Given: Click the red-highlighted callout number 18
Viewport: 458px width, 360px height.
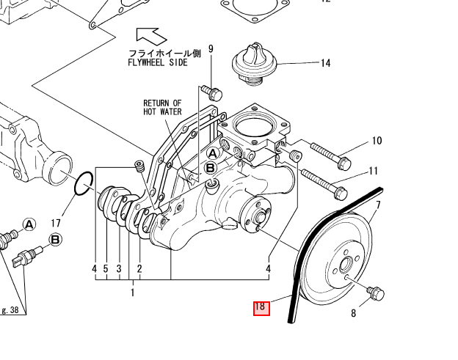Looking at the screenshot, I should [261, 308].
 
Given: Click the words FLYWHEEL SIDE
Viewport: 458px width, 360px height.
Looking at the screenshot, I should [158, 63].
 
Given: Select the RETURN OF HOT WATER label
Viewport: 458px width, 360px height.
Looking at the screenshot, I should [162, 108].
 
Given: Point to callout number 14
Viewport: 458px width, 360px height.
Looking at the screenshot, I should [324, 64].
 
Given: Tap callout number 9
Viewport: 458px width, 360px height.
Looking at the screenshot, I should [211, 49].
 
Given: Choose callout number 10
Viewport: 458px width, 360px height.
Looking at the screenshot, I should [377, 141].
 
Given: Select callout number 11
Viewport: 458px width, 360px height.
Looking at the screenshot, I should [374, 172].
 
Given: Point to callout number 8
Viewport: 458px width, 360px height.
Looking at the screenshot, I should [353, 315].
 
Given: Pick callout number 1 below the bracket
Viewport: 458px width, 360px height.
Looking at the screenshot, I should [132, 293].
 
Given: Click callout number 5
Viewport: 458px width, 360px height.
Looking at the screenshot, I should [106, 269].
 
